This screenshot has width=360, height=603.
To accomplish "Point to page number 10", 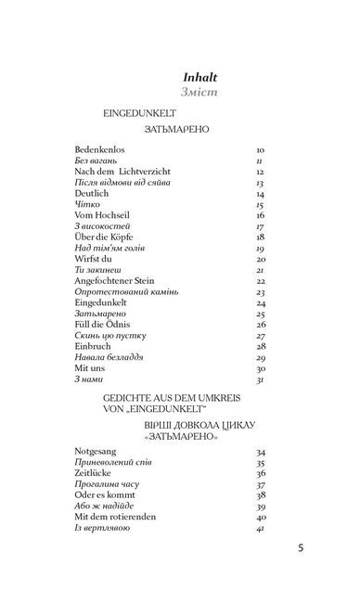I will pos(259,148).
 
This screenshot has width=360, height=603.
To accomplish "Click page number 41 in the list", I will pos(260,528).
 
